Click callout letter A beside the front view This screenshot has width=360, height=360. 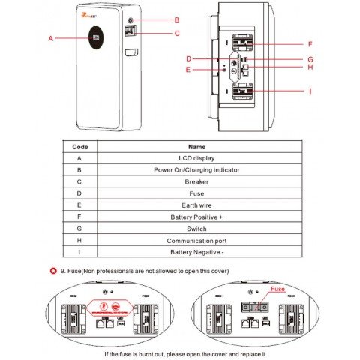tap(50, 37)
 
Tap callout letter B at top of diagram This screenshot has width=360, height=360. tap(176, 19)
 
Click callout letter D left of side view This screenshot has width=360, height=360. tap(190, 57)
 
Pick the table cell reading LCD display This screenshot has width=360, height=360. tap(196, 158)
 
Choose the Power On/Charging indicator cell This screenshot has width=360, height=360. tap(196, 170)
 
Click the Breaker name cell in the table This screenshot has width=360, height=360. tap(196, 182)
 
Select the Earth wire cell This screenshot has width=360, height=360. tap(196, 205)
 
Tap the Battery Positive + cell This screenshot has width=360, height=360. tap(196, 217)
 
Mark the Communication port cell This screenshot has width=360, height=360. tap(196, 241)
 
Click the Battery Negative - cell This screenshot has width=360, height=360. tap(196, 253)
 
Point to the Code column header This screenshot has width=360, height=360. tap(80, 147)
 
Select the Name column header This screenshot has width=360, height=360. tap(196, 147)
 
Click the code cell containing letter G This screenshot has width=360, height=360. tap(80, 229)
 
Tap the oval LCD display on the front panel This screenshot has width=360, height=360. tap(96, 38)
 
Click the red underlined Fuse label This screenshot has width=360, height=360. tap(277, 287)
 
